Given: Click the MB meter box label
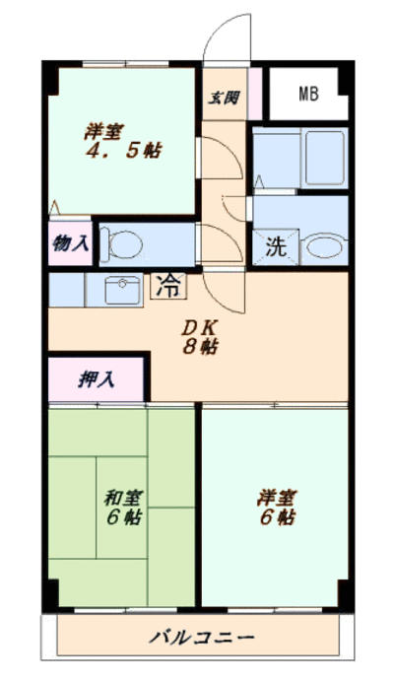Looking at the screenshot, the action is (x=308, y=94).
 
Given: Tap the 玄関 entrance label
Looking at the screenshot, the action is (x=224, y=98).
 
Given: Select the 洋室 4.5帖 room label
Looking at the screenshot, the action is (x=123, y=141).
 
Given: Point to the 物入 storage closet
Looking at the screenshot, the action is (x=70, y=243).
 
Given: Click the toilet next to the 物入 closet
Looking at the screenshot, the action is (x=121, y=244).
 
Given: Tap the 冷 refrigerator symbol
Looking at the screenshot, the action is (x=168, y=286).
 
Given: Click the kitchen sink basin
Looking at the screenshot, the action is (x=123, y=291).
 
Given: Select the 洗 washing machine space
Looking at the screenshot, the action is (x=276, y=246).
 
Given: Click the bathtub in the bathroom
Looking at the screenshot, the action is (x=325, y=158).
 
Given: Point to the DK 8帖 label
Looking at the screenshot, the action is (x=199, y=337).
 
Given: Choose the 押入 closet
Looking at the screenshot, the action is (x=96, y=379).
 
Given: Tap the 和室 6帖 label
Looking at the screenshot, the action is (x=124, y=507).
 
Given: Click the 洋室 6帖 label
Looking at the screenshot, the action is (x=277, y=507).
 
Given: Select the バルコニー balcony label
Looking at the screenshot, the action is (x=201, y=638).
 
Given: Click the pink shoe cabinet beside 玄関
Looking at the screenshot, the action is (x=255, y=94).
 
